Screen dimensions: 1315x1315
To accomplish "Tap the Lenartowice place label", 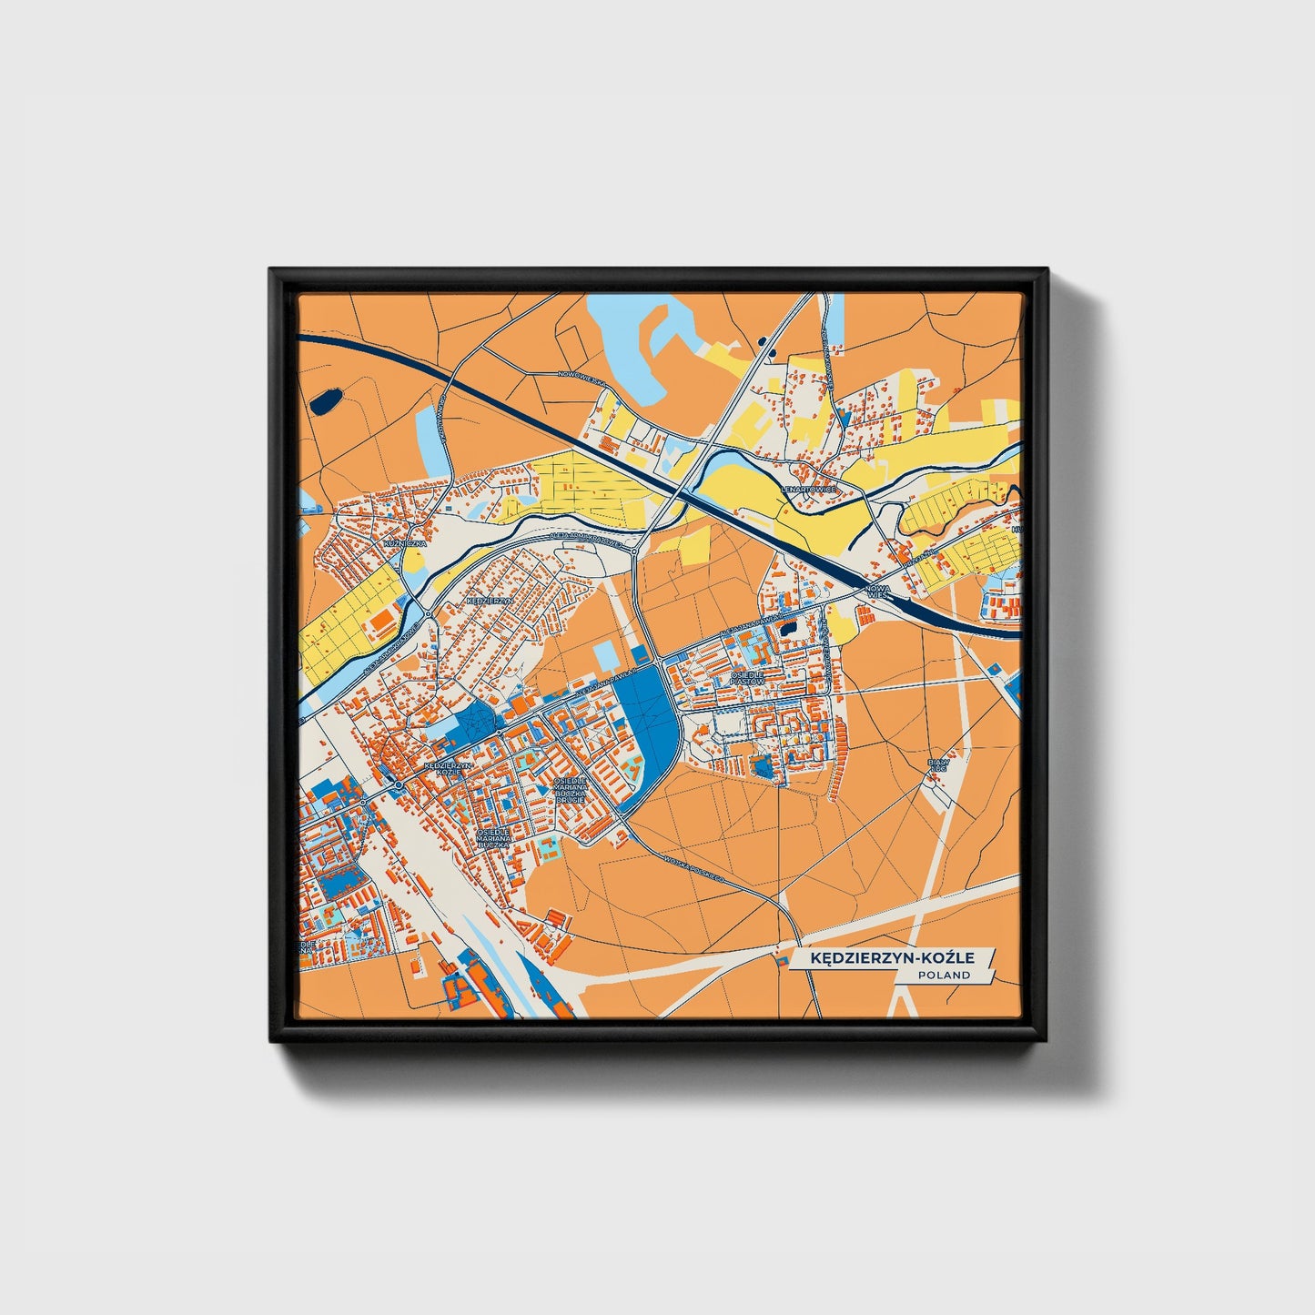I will tap(808, 490).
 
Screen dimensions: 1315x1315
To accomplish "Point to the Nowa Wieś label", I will tap(878, 592).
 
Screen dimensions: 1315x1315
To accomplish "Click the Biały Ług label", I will tap(937, 765).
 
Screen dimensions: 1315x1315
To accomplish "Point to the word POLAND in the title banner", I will tap(944, 975).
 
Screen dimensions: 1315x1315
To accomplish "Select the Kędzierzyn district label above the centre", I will tap(490, 602).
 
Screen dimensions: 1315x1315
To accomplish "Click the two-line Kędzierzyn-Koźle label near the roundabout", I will tap(449, 768).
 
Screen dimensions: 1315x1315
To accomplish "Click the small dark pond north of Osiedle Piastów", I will tap(788, 627).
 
